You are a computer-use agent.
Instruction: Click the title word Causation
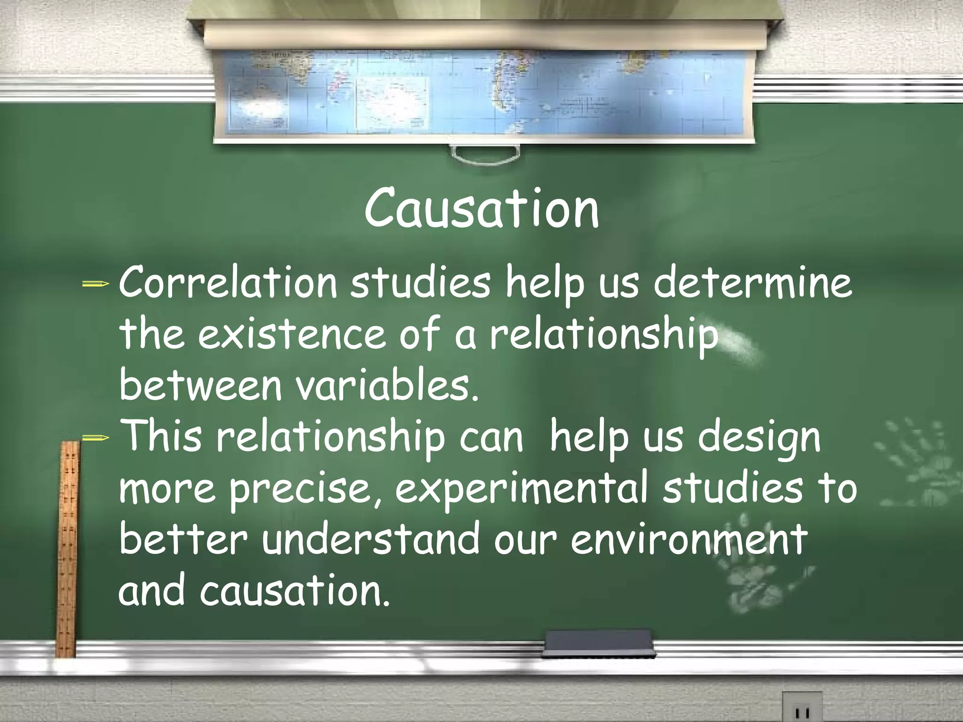481,208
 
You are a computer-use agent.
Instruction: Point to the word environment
689,540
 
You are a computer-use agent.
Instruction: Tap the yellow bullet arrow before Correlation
95,284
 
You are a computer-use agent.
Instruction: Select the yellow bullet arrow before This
95,438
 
